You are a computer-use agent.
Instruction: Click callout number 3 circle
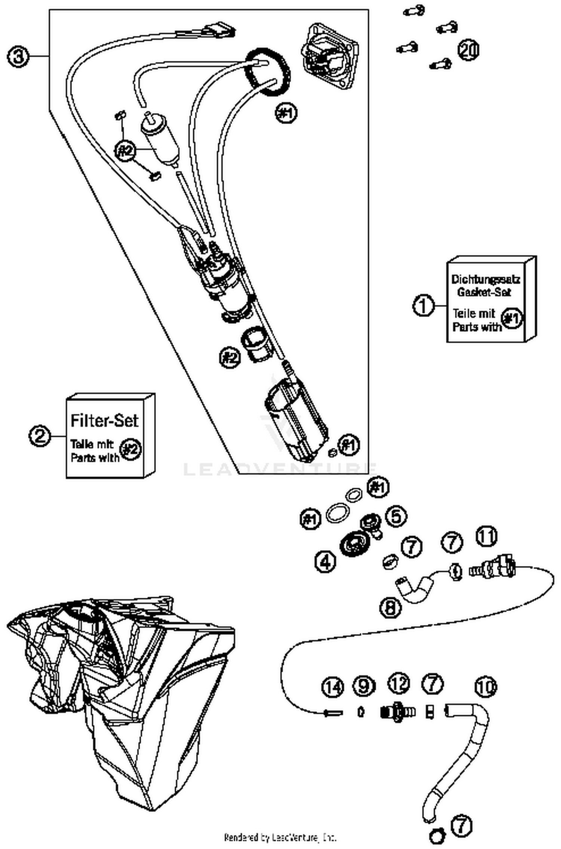pos(18,57)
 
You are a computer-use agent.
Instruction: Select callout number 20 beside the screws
pos(468,50)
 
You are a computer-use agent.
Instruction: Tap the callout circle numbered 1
pos(424,306)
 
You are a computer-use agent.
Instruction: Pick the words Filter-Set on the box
pos(104,421)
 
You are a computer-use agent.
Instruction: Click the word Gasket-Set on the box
pos(484,292)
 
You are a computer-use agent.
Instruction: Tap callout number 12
pos(399,683)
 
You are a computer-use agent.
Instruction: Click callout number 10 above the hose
pos(485,686)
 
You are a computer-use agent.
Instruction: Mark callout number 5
pos(396,516)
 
